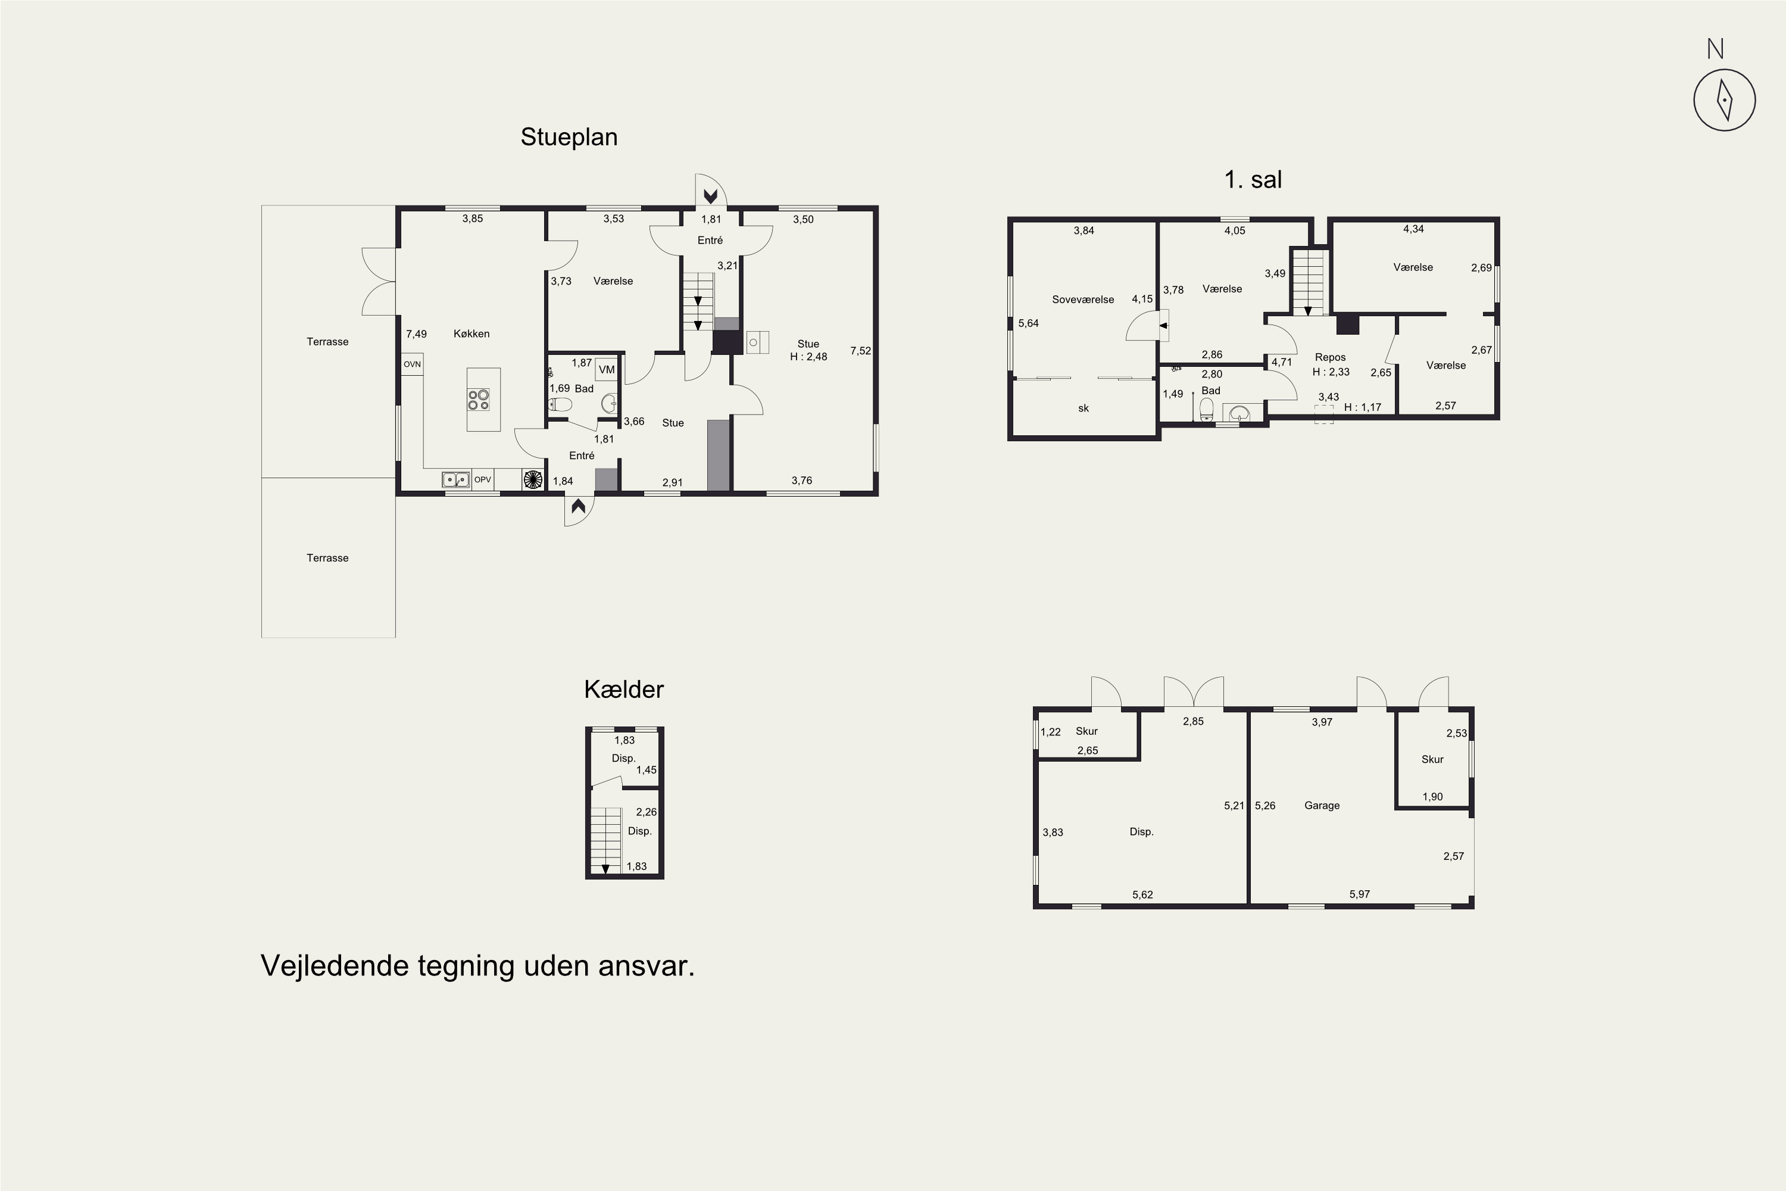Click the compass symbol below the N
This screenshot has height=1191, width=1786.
[x=1725, y=99]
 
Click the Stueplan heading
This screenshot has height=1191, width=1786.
[x=569, y=137]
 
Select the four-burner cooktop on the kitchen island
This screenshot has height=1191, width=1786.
[x=479, y=400]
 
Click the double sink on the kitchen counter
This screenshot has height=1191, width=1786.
[x=455, y=479]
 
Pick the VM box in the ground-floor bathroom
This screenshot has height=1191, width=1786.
[x=607, y=369]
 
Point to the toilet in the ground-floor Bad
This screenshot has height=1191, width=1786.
[x=559, y=404]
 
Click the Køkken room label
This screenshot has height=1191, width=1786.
[x=472, y=333]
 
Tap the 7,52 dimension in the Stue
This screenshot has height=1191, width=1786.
[x=860, y=351]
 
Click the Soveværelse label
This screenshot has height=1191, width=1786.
[x=1083, y=300]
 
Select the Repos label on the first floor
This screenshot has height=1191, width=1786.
[x=1331, y=357]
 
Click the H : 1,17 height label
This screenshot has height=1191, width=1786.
[x=1363, y=407]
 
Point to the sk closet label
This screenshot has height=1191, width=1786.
[x=1084, y=408]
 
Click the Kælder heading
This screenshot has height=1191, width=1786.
[x=624, y=689]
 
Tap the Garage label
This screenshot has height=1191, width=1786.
[x=1322, y=805]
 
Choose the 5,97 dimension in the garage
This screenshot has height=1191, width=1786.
[x=1359, y=894]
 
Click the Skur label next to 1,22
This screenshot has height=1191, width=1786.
[x=1086, y=731]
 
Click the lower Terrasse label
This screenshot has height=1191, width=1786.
[x=327, y=557]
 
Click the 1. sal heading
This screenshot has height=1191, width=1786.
[x=1253, y=179]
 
